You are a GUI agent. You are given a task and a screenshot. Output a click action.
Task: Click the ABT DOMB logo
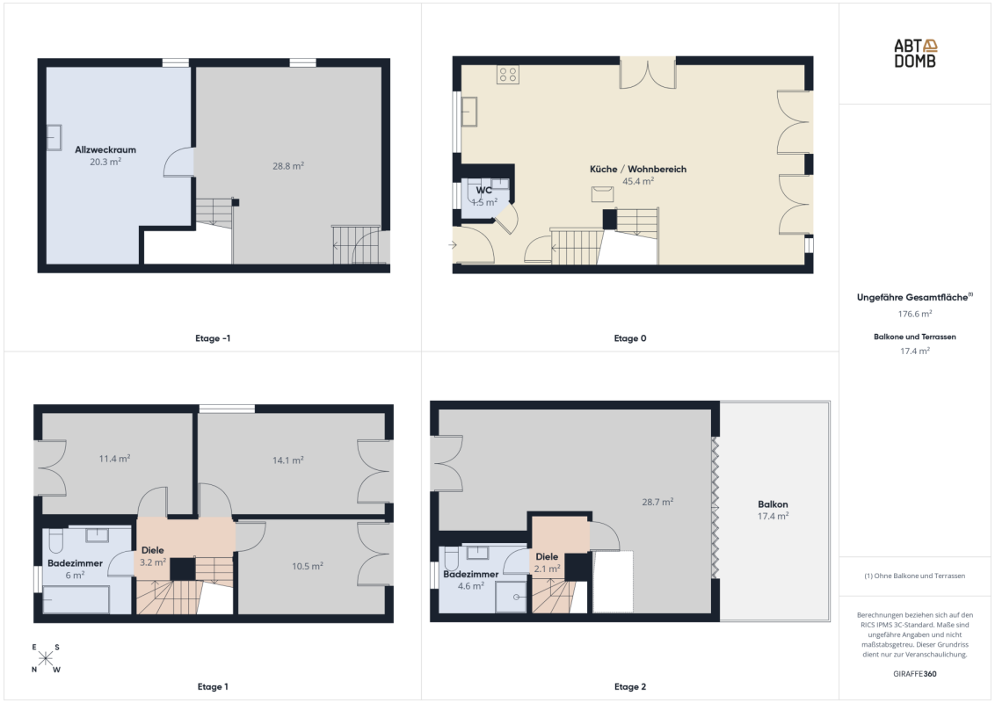pyautogui.click(x=915, y=54)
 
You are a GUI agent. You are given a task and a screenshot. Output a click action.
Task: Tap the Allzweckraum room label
pyautogui.click(x=105, y=149)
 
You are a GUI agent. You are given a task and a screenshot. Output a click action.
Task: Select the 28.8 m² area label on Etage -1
pyautogui.click(x=288, y=166)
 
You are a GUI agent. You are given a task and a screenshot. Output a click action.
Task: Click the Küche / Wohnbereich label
pyautogui.click(x=638, y=170)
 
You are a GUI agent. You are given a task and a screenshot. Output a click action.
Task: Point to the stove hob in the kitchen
pyautogui.click(x=508, y=74)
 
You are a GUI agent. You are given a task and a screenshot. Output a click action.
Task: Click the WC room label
pyautogui.click(x=483, y=191)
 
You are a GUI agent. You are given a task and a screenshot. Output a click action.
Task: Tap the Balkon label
pyautogui.click(x=773, y=504)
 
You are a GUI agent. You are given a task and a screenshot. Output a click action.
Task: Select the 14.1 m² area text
pyautogui.click(x=288, y=460)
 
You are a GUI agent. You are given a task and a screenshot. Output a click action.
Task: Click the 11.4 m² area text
pyautogui.click(x=115, y=459)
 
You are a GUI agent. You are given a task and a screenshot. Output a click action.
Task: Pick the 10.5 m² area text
pyautogui.click(x=308, y=566)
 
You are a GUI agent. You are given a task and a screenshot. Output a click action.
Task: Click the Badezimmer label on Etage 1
pyautogui.click(x=75, y=563)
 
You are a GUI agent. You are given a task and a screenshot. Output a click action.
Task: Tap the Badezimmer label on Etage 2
pyautogui.click(x=471, y=574)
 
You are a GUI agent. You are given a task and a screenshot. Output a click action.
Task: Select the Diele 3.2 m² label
pyautogui.click(x=153, y=556)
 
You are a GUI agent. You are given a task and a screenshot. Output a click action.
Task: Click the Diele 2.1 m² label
pyautogui.click(x=547, y=562)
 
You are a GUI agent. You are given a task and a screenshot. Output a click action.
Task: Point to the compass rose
pyautogui.click(x=45, y=658)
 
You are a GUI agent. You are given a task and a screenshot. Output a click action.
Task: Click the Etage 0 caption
pyautogui.click(x=630, y=338)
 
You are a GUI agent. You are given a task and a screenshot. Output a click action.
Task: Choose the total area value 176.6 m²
pyautogui.click(x=915, y=314)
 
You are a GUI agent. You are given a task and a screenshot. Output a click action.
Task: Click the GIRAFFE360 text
pyautogui.click(x=915, y=674)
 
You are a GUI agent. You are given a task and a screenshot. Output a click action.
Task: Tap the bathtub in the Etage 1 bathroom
pyautogui.click(x=76, y=599)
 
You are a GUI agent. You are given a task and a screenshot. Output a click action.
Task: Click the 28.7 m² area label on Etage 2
pyautogui.click(x=658, y=502)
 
